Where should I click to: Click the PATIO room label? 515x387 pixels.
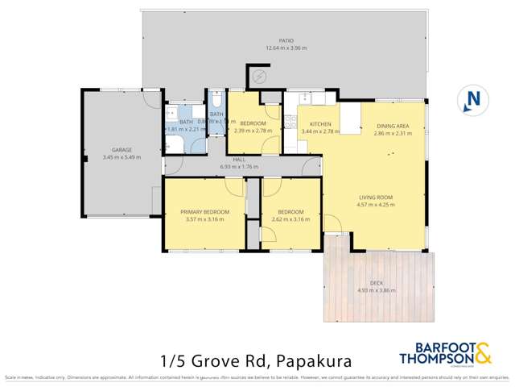coord(286,42)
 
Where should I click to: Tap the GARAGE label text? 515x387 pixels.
coord(122,150)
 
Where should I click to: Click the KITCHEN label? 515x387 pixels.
coord(315,124)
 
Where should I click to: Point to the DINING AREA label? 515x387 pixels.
coord(393,127)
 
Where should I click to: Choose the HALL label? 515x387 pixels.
coord(238,160)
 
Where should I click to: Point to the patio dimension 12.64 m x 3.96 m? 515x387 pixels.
coord(286,48)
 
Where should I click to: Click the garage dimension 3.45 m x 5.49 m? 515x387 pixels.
coord(122,157)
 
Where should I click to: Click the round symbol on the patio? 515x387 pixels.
coord(258,77)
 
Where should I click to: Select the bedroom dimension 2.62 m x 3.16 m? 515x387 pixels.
coord(290,219)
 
